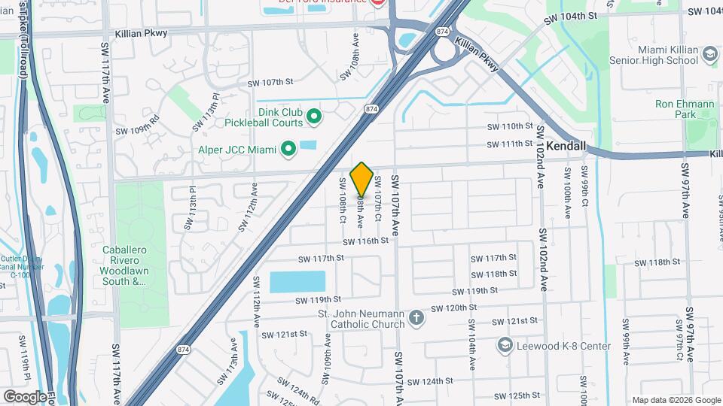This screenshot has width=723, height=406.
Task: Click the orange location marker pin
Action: point(361,179)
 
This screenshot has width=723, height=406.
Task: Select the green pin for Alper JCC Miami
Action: point(287,150)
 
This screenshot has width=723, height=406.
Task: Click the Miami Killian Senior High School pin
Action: point(709,54)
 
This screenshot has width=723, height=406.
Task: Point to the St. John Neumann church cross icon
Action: point(416,319)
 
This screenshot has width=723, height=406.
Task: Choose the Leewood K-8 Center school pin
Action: point(505,345)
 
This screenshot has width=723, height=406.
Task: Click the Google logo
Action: point(24,396)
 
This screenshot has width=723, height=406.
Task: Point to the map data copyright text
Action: point(676,400)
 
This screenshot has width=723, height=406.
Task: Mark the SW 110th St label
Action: point(509,126)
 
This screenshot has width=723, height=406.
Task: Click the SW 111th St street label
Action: point(509,144)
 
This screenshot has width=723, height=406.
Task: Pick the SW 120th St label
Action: point(455,308)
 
